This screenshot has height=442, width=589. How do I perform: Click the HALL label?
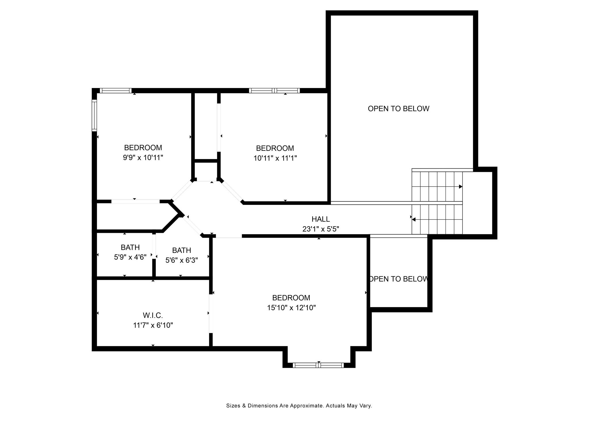pyautogui.click(x=321, y=219)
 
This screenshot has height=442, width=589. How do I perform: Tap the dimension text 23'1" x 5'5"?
pyautogui.click(x=321, y=229)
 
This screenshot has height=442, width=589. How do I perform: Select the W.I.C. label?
pyautogui.click(x=153, y=315)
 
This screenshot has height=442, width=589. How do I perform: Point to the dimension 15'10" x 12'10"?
pyautogui.click(x=291, y=308)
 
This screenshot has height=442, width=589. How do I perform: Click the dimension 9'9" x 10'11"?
pyautogui.click(x=143, y=158)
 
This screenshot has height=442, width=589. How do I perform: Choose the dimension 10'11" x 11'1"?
pyautogui.click(x=275, y=158)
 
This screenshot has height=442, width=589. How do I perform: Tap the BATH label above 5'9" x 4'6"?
pyautogui.click(x=130, y=247)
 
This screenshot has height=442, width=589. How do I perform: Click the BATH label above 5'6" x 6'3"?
pyautogui.click(x=181, y=250)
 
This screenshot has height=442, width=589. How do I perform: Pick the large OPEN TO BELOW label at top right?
pyautogui.click(x=399, y=108)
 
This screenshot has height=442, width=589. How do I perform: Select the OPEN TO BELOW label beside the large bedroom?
pyautogui.click(x=399, y=279)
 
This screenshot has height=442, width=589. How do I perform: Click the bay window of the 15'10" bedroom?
pyautogui.click(x=318, y=365)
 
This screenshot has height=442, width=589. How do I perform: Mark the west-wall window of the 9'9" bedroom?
pyautogui.click(x=94, y=115)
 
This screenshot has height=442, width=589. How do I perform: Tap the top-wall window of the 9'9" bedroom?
pyautogui.click(x=116, y=91)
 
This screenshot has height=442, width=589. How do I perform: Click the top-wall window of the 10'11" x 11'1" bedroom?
pyautogui.click(x=274, y=91)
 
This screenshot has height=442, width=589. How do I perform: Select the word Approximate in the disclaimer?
pyautogui.click(x=307, y=406)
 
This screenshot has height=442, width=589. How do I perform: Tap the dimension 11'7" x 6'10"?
pyautogui.click(x=153, y=325)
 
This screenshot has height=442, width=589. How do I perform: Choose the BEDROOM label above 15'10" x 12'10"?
pyautogui.click(x=291, y=298)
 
